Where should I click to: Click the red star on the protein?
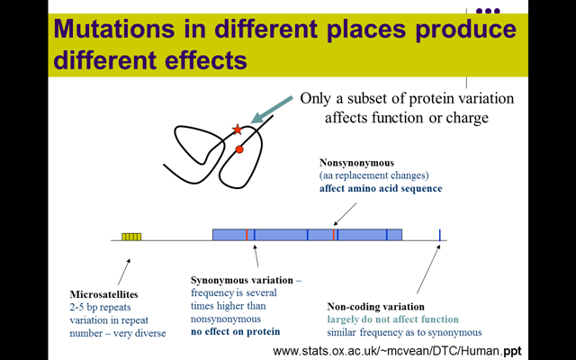238,130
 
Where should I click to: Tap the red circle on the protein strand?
239,149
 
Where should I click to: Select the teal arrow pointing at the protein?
272,110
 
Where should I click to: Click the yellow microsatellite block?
131,237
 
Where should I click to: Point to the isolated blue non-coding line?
440,235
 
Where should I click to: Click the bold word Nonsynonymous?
356,162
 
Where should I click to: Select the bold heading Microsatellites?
104,294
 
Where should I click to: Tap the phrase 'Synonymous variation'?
242,280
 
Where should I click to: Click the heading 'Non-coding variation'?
376,306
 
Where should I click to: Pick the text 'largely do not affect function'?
393,319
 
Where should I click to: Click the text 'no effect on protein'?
236,331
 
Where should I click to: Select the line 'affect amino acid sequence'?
381,188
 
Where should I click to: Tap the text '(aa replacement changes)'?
374,175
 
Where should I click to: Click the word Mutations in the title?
114,28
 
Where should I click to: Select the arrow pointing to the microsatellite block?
124,272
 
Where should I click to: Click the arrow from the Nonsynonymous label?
345,214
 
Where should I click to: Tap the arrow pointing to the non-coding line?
428,269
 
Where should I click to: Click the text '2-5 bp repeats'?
100,307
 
